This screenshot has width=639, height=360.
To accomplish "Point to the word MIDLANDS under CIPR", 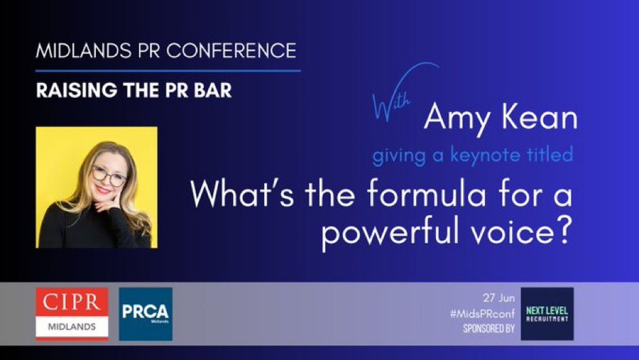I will [71, 327].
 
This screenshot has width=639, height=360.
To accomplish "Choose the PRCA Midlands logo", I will [145, 313].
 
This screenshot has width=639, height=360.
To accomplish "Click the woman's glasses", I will [109, 177].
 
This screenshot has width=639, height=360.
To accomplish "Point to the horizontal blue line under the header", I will [168, 70].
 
